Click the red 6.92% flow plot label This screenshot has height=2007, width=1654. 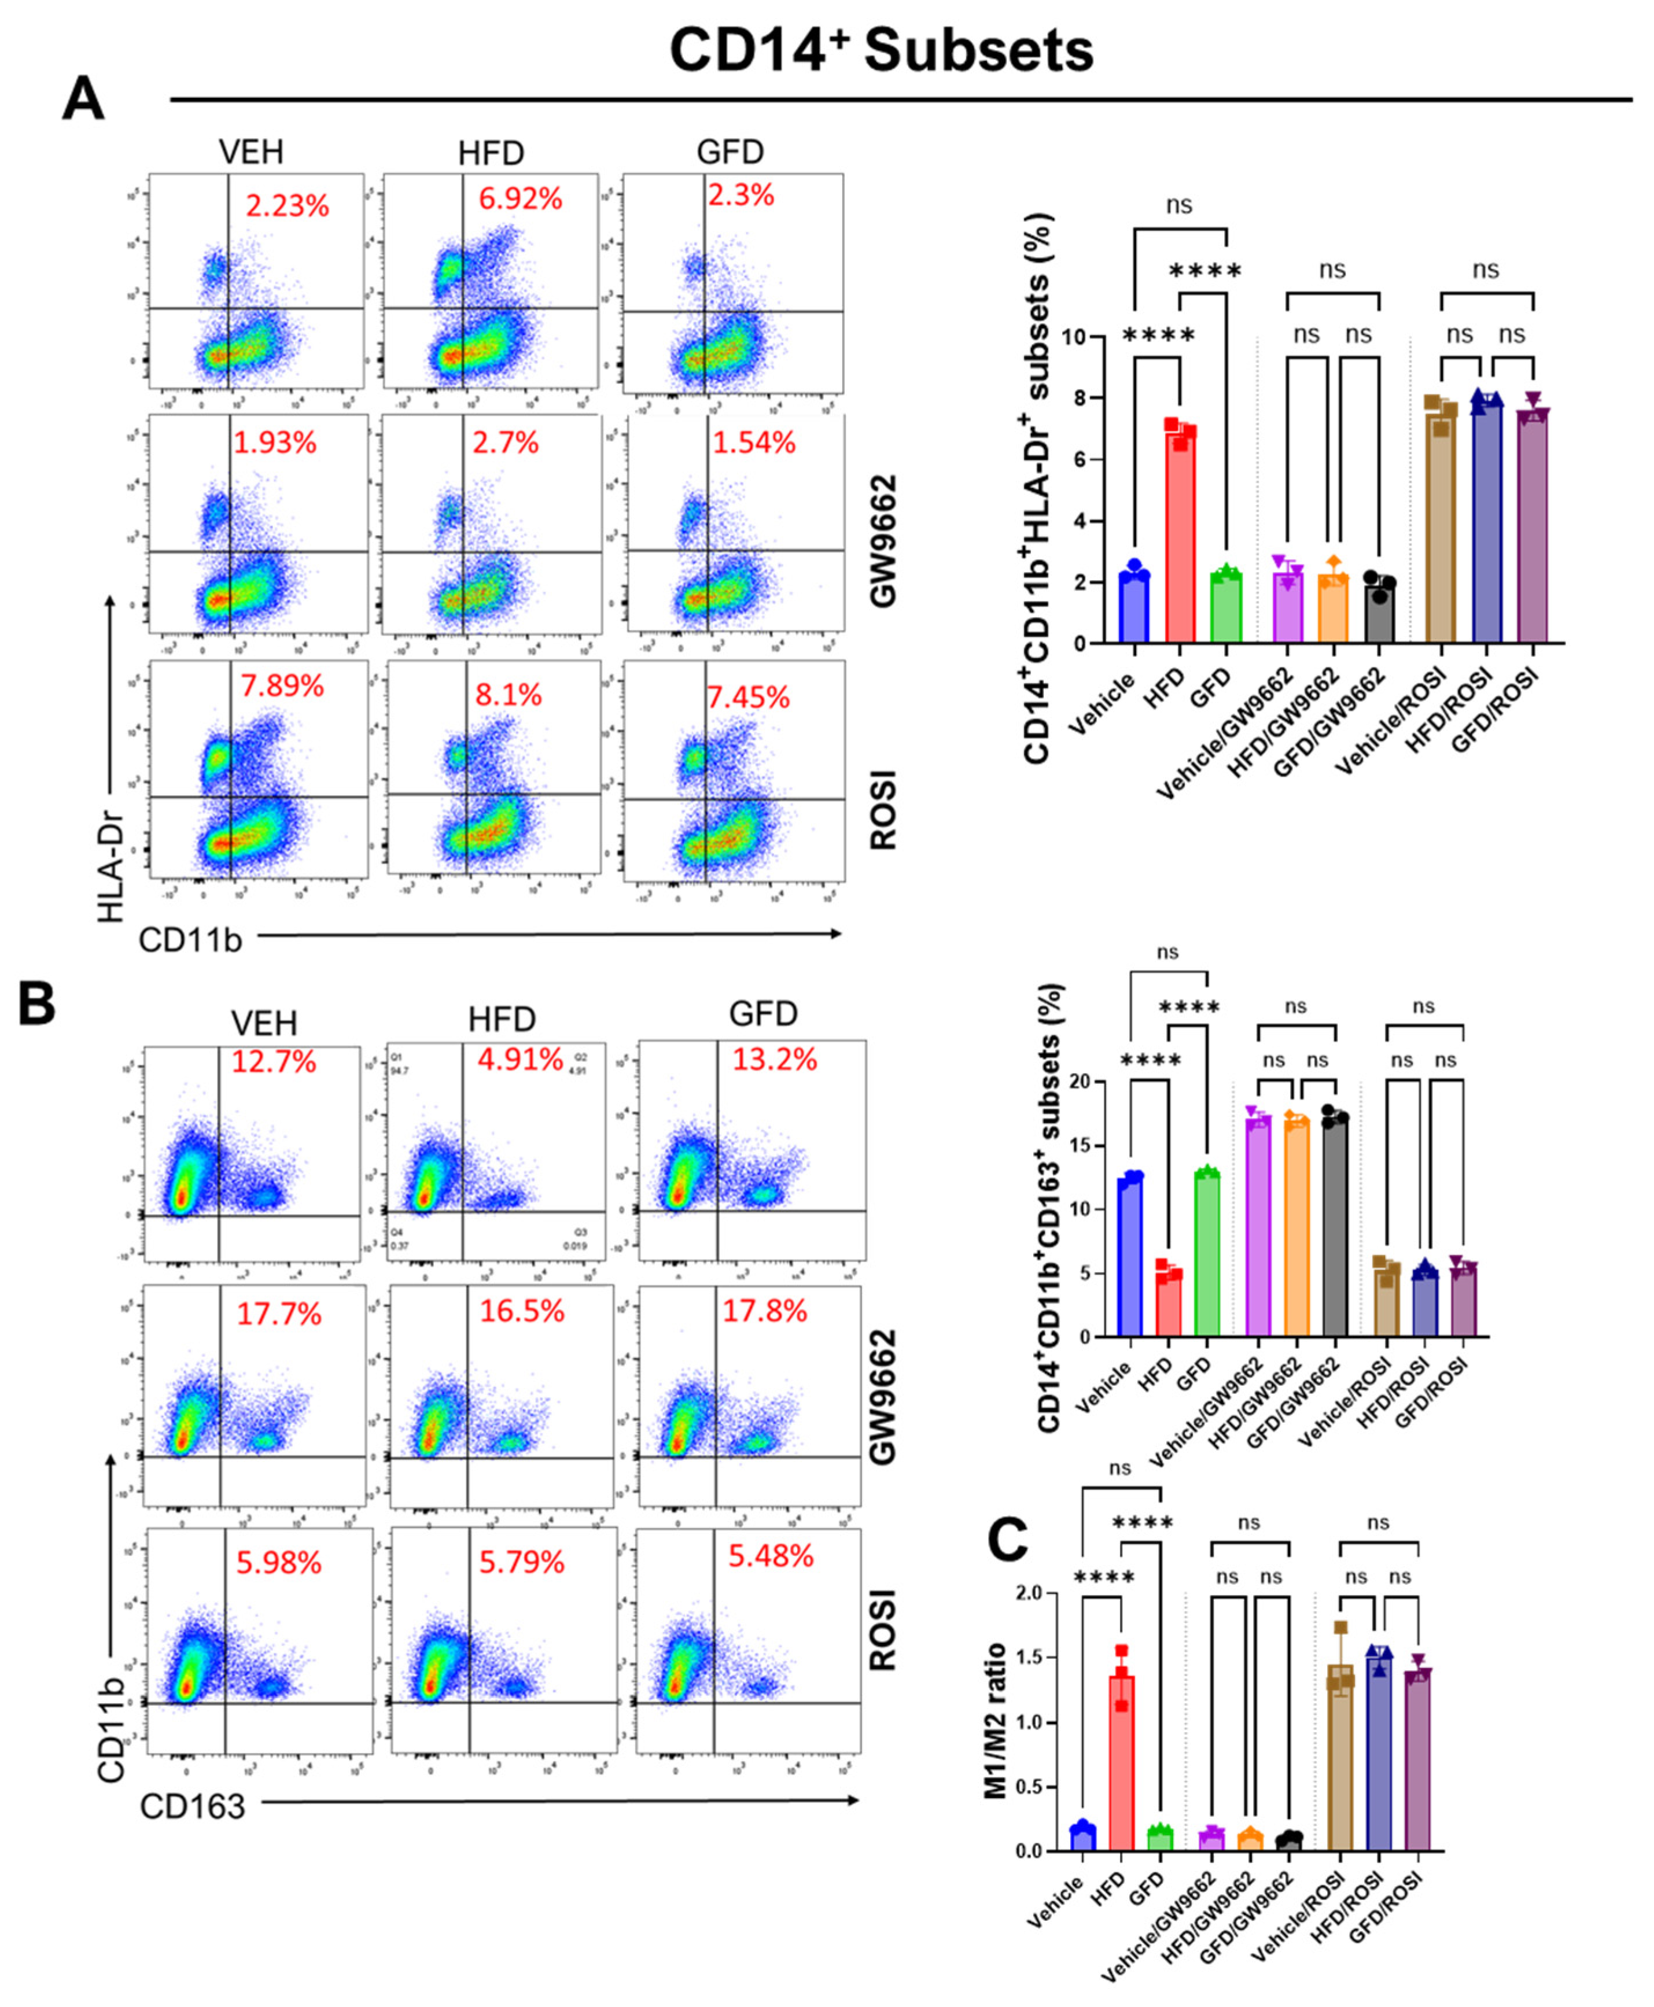520,199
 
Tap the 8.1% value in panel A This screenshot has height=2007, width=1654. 508,695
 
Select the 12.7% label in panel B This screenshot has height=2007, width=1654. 274,1061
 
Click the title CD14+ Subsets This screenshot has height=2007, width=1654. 881,50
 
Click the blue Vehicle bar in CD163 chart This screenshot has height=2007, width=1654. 1130,1257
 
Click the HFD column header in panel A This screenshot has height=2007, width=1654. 491,153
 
